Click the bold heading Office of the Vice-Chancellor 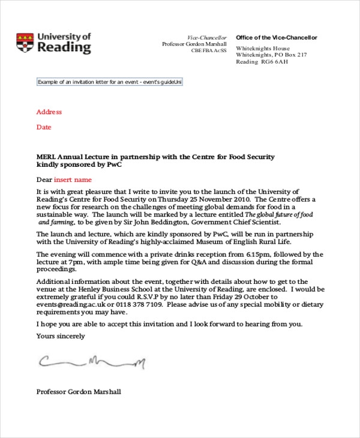(x=276, y=38)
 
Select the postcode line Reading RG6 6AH (x=263, y=62)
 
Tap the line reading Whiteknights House (x=263, y=49)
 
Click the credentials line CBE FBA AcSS (x=209, y=51)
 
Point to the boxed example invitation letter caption (x=109, y=82)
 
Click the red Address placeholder (x=49, y=112)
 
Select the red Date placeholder (x=44, y=127)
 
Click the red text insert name (x=73, y=179)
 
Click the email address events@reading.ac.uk (x=73, y=304)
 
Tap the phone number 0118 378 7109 (x=142, y=304)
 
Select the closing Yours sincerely (x=61, y=336)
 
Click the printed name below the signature (x=79, y=392)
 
